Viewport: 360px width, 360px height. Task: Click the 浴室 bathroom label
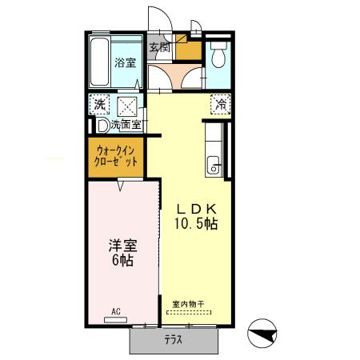[x=126, y=62]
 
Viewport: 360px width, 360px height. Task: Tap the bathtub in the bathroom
[x=99, y=62]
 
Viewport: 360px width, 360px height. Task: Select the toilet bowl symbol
[x=218, y=54]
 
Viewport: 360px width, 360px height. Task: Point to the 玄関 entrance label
[x=159, y=47]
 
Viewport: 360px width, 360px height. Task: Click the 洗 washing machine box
[x=99, y=105]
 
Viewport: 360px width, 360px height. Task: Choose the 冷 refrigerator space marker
[x=221, y=104]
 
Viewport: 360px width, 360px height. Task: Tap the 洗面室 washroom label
[x=126, y=124]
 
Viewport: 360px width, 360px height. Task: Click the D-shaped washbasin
[x=102, y=126]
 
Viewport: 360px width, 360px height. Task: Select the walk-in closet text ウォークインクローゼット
[x=116, y=157]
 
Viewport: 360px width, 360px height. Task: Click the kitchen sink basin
[x=213, y=166]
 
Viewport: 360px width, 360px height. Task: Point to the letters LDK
[x=197, y=210]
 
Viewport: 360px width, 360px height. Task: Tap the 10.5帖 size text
[x=196, y=224]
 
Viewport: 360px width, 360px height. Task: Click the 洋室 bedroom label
[x=123, y=246]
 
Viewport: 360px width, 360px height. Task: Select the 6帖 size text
[x=122, y=260]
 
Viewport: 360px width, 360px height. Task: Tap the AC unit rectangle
[x=115, y=320]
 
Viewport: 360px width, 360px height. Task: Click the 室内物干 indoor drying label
[x=188, y=304]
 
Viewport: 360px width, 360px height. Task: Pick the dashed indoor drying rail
[x=189, y=312]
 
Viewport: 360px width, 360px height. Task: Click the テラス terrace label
[x=174, y=340]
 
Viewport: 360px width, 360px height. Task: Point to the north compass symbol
[x=262, y=334]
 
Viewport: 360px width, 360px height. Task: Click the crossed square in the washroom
[x=127, y=106]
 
